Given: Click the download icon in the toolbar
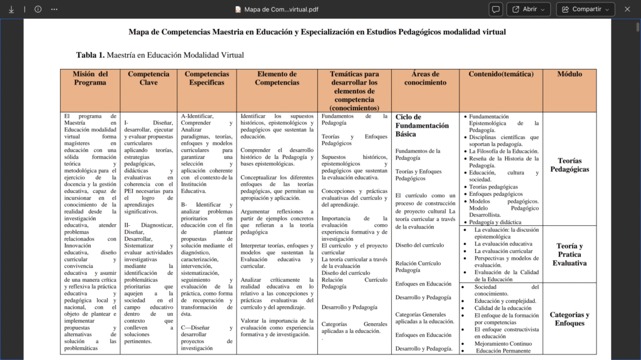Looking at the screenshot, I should pos(11,9).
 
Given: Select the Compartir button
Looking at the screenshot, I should pos(586,9).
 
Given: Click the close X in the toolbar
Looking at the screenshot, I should pos(627,9).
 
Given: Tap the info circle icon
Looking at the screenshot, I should pos(38,9).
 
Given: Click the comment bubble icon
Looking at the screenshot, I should pos(496,9).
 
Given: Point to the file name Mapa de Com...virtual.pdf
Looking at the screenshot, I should pos(276,9).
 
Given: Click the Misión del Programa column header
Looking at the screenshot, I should pos(90,78).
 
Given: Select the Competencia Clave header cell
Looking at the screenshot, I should pos(148,78).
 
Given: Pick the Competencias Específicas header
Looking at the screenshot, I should pos(207,78).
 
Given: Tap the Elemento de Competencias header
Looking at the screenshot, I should pos(277,78).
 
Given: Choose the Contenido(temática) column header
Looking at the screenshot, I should pos(501,74).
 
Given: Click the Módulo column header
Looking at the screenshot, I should pos(569,74).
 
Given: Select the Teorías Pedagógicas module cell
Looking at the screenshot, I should pos(569,165).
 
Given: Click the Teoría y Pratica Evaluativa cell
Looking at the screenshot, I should pos(569,254).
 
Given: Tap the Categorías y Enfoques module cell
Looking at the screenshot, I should pos(569,319).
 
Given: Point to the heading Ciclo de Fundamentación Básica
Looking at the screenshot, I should pos(422,125).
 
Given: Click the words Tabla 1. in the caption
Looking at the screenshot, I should pos(90,55).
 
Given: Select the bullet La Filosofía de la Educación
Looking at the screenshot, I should pos(504,151).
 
